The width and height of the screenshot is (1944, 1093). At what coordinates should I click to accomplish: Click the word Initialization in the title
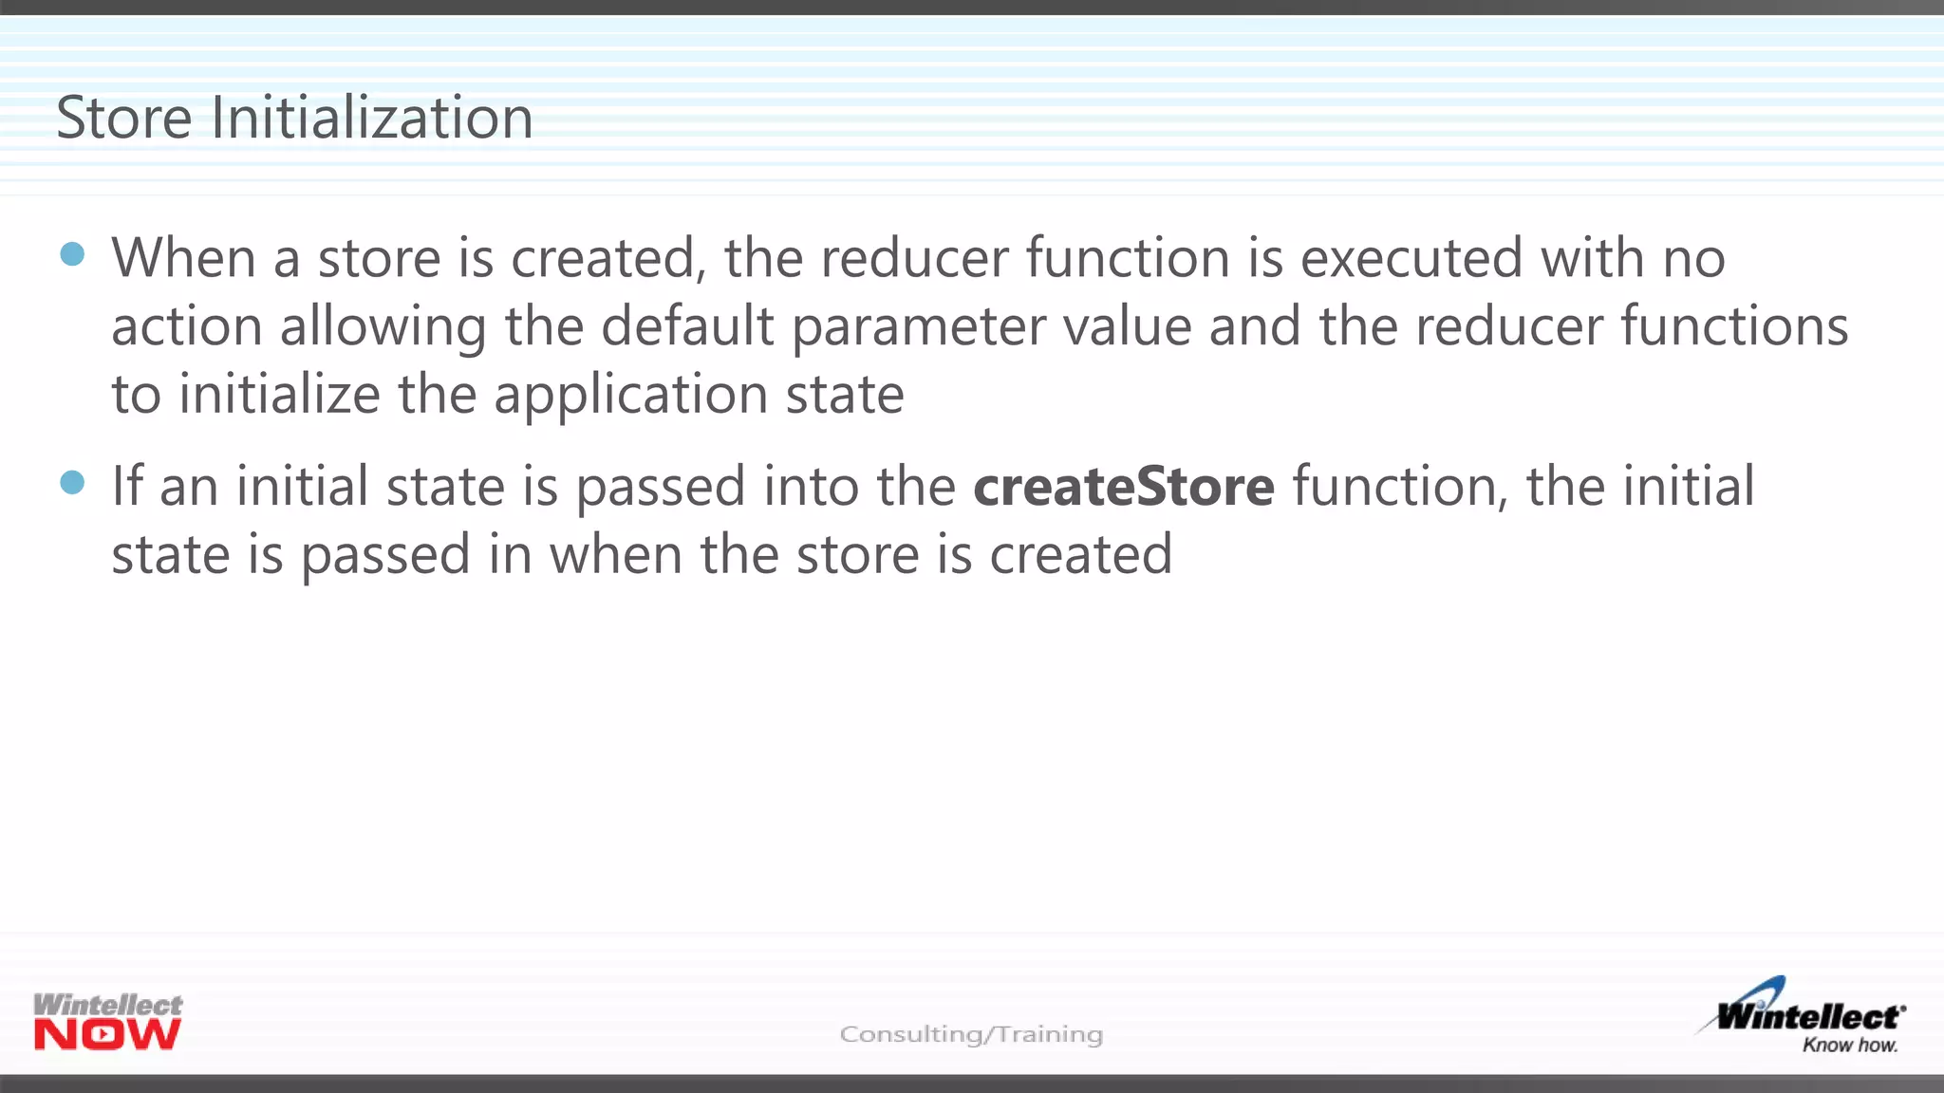371,119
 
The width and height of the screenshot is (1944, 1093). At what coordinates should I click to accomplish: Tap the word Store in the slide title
124,119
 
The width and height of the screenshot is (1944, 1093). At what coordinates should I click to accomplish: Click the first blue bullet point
72,254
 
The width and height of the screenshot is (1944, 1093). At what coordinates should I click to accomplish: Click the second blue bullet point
72,483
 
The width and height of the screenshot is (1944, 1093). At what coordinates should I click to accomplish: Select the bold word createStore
1124,487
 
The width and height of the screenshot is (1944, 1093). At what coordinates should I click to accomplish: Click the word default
687,326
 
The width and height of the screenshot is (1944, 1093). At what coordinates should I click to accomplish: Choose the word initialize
280,395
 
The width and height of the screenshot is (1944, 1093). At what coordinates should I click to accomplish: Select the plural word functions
1734,326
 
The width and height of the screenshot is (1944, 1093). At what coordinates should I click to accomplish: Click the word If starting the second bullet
127,487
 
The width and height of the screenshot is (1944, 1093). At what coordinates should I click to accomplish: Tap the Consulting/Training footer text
971,1034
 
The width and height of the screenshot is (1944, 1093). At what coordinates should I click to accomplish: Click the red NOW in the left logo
107,1035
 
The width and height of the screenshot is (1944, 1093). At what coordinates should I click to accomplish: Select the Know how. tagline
1850,1046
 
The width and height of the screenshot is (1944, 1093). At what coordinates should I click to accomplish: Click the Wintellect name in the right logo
1810,1017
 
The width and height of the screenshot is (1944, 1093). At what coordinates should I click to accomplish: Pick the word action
186,326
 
